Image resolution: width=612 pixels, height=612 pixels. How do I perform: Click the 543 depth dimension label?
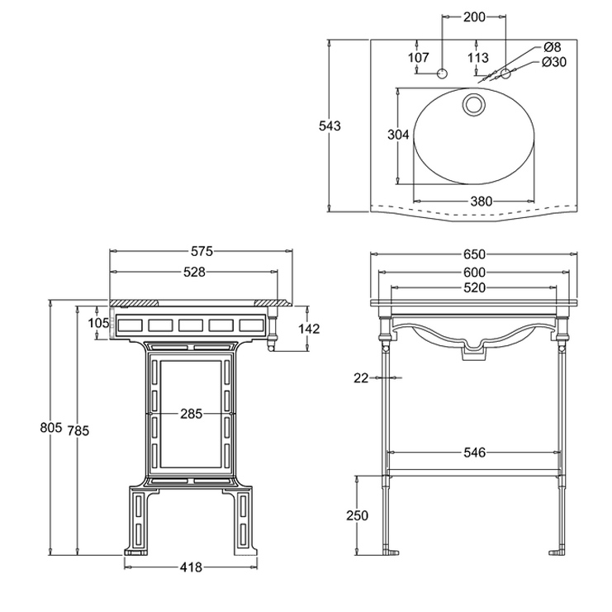coord(330,126)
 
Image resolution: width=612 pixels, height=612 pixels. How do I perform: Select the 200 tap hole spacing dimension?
coord(474,17)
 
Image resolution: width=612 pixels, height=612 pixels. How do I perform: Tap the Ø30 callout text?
coord(553,63)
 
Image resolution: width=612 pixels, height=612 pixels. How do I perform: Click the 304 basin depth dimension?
coord(399,135)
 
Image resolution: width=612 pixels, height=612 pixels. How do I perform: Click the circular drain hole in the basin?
coord(474,104)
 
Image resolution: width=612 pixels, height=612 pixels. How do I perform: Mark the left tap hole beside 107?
coord(443,74)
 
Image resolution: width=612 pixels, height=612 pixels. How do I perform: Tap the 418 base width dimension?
coord(192,567)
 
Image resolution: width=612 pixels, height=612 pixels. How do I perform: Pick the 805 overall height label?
coord(50,427)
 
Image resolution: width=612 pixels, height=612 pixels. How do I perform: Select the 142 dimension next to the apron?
coord(307,329)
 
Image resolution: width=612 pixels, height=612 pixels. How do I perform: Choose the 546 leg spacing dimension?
coord(474,453)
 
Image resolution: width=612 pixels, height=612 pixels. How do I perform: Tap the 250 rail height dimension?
coord(357,515)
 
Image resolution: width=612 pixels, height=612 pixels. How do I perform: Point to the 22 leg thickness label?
coord(360,378)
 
